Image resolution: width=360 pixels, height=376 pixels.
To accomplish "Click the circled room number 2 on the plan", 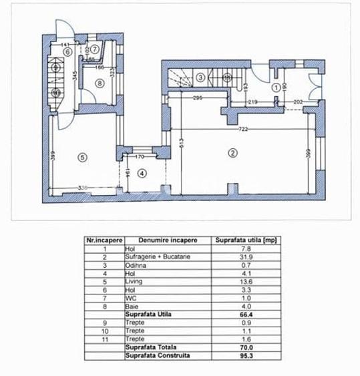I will coord(233,153).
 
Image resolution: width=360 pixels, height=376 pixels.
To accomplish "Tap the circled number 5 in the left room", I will coord(82,157).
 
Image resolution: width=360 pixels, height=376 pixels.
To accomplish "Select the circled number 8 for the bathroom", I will coord(99,83).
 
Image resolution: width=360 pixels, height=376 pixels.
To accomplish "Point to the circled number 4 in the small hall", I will coord(142,173).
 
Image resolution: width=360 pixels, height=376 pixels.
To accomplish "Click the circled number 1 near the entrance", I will coord(276,85).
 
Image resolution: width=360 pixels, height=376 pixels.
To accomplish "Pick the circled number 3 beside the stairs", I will coord(200,78).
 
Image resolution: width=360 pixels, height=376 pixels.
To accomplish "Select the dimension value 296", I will coord(197,98).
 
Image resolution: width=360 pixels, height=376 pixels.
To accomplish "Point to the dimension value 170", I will coord(140,158).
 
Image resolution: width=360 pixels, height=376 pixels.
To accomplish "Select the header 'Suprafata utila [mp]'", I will coord(238,239).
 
